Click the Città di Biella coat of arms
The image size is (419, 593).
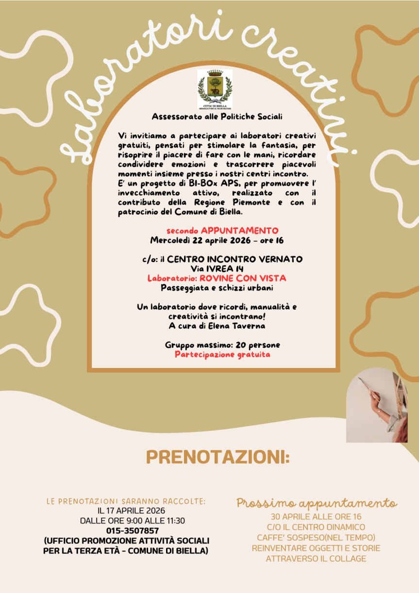215,88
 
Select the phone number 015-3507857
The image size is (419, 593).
133,530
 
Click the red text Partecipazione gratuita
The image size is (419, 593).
222,354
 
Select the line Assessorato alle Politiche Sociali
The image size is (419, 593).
217,117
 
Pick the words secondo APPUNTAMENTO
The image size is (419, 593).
222,230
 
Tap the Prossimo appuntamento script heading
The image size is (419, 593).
317,503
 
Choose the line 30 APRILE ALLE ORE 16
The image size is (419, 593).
316,517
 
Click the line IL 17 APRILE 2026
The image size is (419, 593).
131,510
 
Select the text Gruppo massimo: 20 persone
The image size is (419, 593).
222,345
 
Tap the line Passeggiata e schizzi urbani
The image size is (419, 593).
218,288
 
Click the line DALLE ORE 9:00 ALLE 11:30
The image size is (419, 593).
133,521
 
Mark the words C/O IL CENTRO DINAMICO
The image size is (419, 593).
316,527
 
